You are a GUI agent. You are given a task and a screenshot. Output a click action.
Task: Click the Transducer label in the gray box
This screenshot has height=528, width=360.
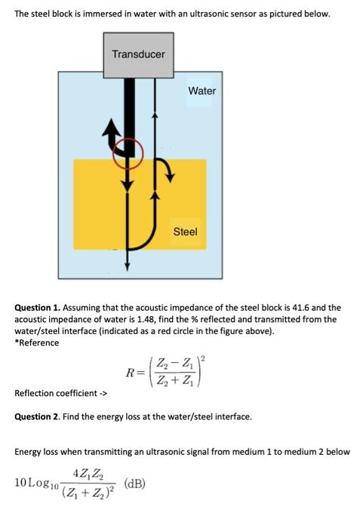tap(139, 54)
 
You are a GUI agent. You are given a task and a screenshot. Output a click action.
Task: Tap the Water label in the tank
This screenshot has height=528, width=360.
tap(202, 91)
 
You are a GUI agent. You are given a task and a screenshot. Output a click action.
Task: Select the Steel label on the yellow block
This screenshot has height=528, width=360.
tap(185, 232)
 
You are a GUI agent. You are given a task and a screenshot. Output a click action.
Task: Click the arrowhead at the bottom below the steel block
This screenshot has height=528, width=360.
tap(127, 267)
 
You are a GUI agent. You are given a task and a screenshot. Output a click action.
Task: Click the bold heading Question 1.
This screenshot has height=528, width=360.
tap(38, 308)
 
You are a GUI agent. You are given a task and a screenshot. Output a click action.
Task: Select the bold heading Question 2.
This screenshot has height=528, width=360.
tap(38, 416)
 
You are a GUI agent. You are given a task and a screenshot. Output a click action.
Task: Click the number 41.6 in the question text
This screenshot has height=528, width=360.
tap(301, 308)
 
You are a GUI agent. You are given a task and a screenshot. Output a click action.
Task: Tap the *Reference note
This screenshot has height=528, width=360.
tap(37, 342)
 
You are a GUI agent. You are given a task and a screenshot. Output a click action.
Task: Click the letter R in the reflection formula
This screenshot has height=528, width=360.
tap(131, 373)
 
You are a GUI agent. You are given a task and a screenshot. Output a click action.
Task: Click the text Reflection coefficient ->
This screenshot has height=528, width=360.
tap(60, 393)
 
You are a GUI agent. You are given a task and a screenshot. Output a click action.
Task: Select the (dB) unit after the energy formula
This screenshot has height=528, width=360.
tap(135, 483)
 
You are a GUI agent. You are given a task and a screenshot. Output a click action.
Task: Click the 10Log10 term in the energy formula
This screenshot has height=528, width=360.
tap(36, 483)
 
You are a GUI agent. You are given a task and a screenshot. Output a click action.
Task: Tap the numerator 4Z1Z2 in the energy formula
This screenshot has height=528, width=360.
tap(88, 474)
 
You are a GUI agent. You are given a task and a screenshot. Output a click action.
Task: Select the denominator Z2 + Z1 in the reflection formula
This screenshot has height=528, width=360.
tap(174, 380)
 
